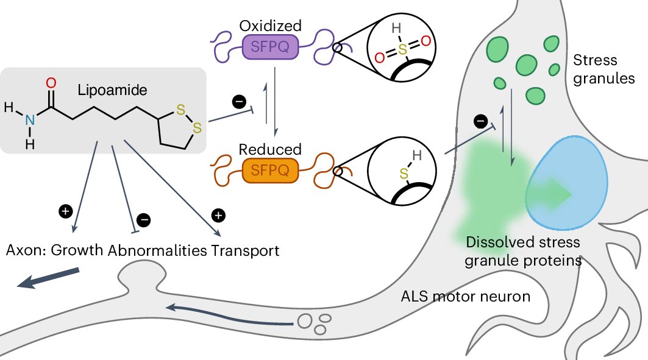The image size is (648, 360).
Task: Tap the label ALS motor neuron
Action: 465,297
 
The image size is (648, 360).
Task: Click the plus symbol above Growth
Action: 65,211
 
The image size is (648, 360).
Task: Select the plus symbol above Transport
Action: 218,214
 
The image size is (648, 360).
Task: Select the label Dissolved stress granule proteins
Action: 522,252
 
